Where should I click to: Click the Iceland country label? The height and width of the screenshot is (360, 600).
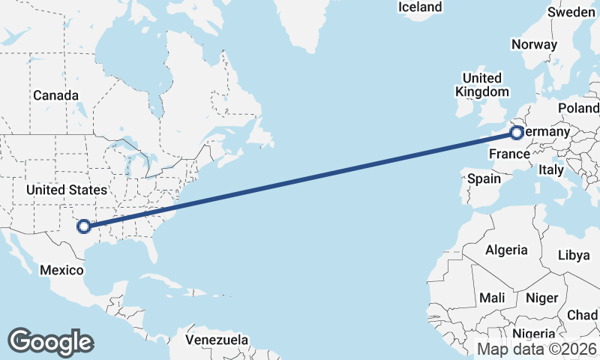click(420, 7)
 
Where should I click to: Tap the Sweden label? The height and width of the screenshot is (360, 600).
click(571, 12)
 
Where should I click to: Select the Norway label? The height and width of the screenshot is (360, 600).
click(534, 44)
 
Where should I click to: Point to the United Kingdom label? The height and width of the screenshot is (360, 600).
click(482, 85)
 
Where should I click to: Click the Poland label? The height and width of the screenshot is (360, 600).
click(579, 109)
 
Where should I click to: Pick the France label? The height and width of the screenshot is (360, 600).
click(509, 154)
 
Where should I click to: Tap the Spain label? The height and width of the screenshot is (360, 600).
click(484, 179)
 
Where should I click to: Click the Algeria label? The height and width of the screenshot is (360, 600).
click(506, 250)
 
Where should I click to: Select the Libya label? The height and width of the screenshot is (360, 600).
click(574, 255)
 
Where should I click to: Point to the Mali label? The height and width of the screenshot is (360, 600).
click(492, 298)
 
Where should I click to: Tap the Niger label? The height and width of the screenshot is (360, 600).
click(541, 298)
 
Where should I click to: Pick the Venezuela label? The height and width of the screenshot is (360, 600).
click(217, 340)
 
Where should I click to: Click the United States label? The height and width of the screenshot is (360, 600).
click(66, 190)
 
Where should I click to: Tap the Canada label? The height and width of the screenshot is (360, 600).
click(55, 96)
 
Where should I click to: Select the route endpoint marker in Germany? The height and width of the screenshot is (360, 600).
click(516, 133)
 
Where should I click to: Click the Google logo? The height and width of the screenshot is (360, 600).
click(50, 341)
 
